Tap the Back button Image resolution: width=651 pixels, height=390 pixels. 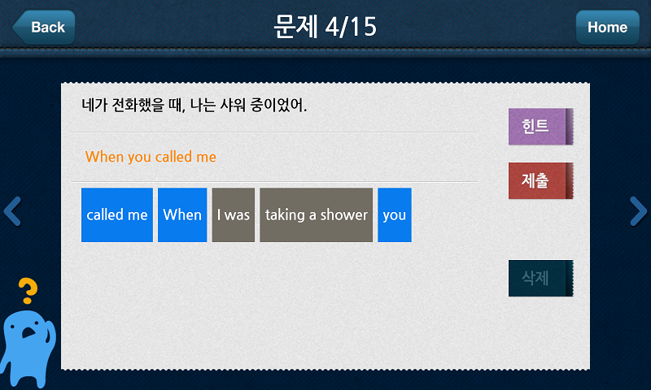click(44, 28)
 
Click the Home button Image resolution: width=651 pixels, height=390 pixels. click(607, 28)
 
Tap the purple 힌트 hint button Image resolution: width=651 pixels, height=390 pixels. click(540, 127)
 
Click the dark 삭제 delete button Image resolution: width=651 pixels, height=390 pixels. click(540, 278)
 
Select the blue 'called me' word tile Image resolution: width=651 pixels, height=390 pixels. click(117, 214)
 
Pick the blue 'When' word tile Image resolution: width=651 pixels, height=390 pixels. click(182, 214)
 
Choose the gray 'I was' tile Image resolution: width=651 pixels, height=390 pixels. click(234, 214)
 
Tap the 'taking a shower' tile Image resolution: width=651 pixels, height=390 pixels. click(317, 214)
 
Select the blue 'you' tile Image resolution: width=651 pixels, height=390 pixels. click(395, 214)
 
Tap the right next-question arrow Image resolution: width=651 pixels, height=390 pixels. click(639, 211)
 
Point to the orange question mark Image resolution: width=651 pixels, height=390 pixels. click(28, 291)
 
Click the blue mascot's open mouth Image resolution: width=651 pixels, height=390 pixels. click(28, 332)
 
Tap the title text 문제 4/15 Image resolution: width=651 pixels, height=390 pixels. click(325, 27)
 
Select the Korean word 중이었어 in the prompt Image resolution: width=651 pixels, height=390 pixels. click(277, 105)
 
